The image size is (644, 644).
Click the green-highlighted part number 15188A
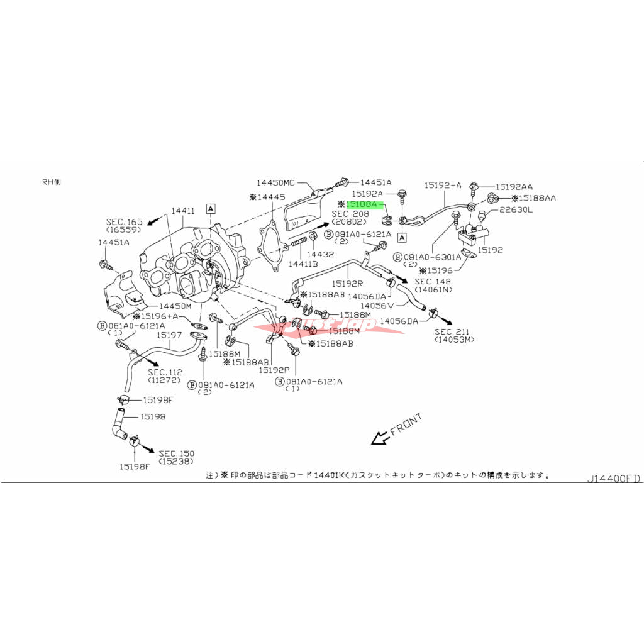tap(364, 204)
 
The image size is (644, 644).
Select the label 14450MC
tap(275, 182)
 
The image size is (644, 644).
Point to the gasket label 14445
tap(271, 197)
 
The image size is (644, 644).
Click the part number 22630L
tap(516, 210)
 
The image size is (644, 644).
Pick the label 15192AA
tap(514, 187)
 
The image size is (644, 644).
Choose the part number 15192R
tap(349, 284)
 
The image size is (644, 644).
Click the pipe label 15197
tap(169, 335)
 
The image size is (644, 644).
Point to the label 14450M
tap(174, 306)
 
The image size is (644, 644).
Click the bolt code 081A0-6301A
tap(436, 257)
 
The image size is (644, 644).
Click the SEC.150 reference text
tap(176, 453)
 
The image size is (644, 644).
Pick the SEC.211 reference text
tap(453, 331)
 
